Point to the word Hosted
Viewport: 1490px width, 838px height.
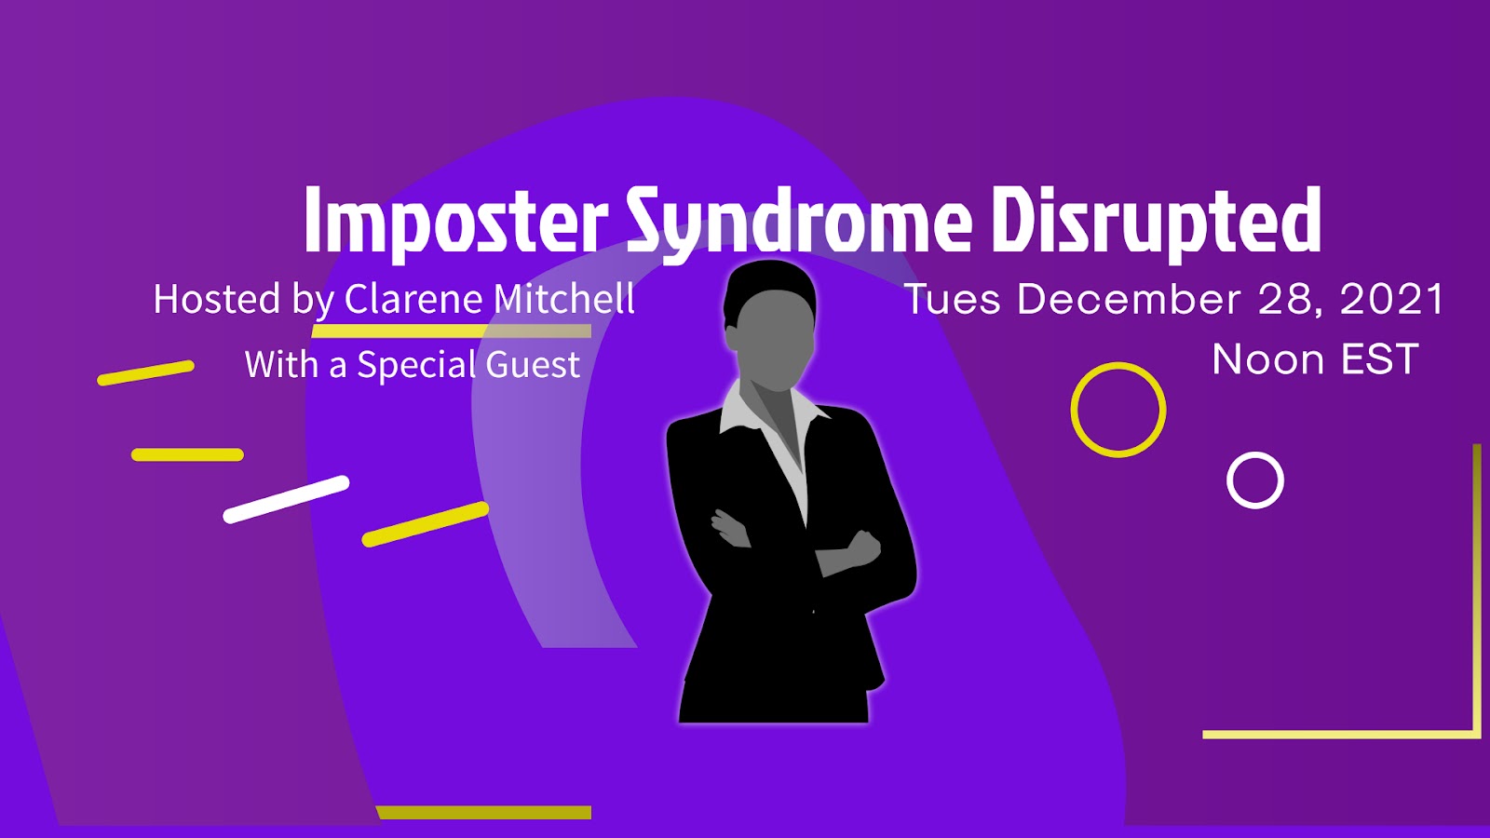[217, 299]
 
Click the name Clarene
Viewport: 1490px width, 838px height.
[413, 299]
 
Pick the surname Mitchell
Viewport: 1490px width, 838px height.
[563, 299]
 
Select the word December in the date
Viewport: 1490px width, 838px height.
[1129, 299]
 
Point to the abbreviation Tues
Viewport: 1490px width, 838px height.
[953, 299]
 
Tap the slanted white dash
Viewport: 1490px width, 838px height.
[286, 499]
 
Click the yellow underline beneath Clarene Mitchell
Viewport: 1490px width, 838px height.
[451, 331]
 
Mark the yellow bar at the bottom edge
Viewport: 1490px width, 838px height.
[483, 812]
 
